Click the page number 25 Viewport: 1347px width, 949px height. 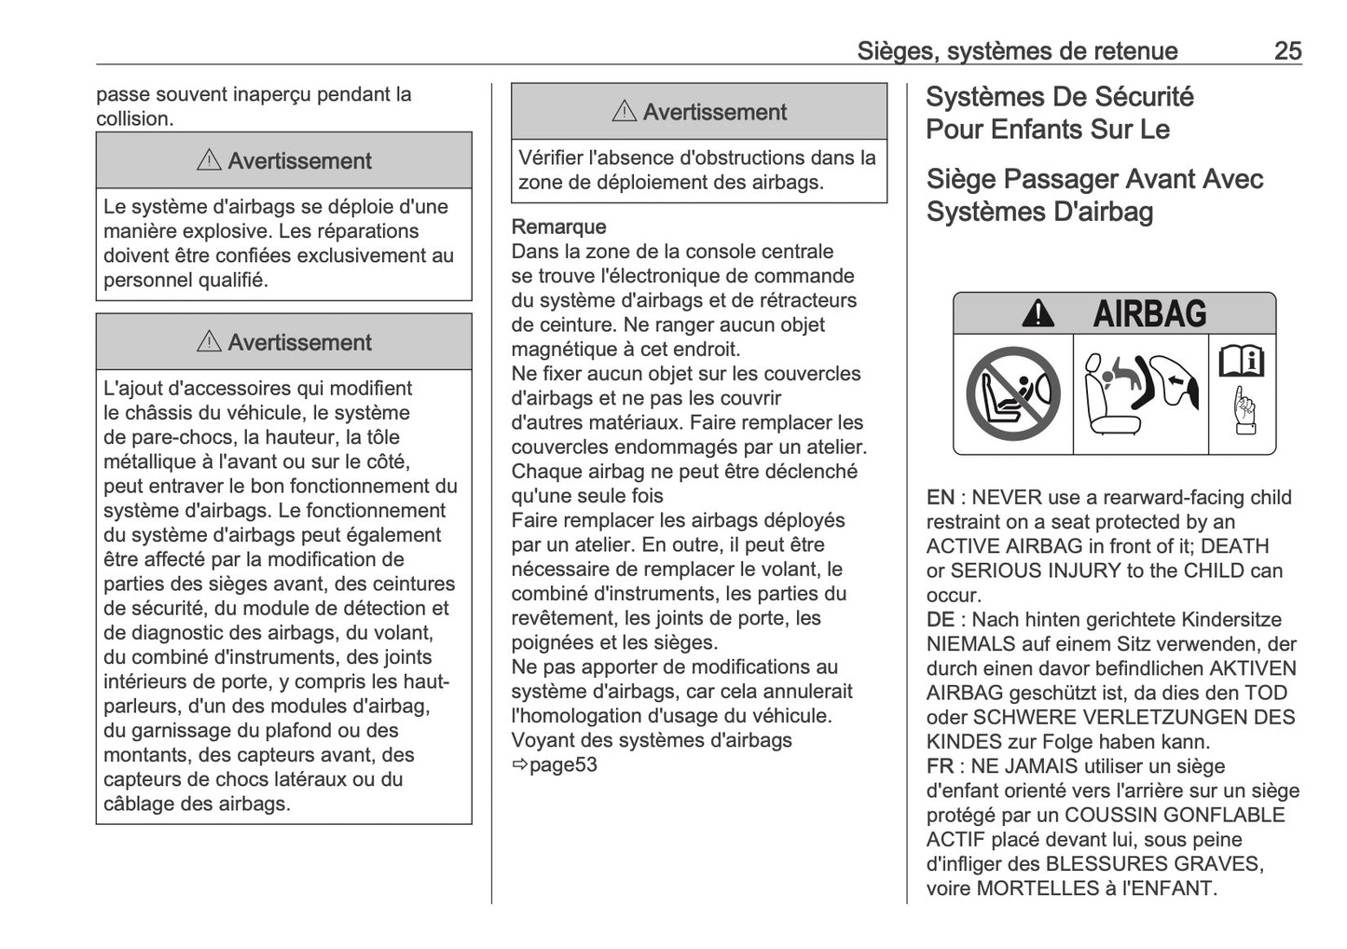point(1287,50)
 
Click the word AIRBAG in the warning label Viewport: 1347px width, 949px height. point(1149,314)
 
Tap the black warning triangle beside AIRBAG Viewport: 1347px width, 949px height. point(1038,315)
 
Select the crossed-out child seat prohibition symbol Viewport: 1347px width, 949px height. point(1013,393)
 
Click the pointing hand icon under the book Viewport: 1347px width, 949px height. point(1244,410)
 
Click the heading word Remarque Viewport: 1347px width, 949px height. point(558,227)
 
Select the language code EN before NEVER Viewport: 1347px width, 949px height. point(940,498)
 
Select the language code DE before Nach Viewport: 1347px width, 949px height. point(940,620)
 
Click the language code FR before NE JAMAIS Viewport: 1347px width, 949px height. point(940,766)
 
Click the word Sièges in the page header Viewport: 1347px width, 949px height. point(896,50)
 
